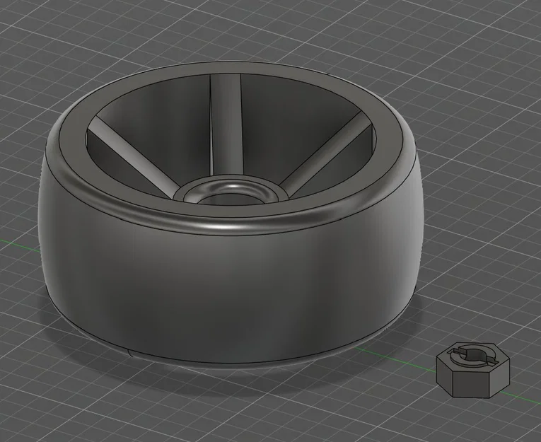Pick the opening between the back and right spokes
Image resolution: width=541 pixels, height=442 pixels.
point(283,120)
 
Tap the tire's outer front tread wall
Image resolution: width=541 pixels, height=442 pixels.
point(226,297)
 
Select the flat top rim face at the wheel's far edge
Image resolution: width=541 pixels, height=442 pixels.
point(233,71)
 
